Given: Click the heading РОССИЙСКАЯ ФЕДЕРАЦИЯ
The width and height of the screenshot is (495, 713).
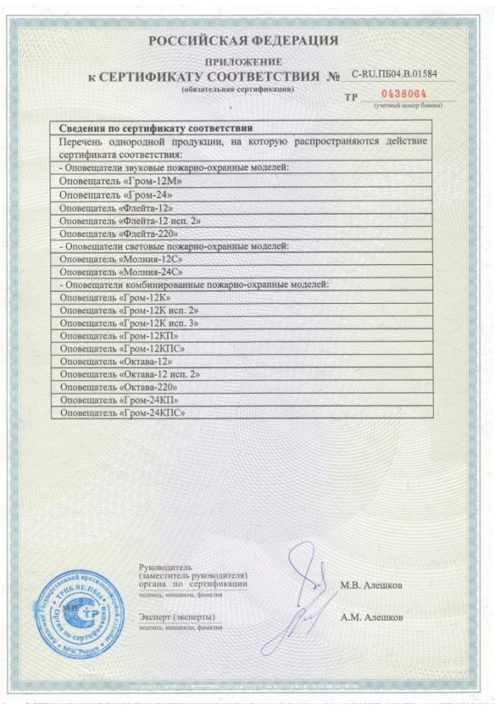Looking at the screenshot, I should click(x=243, y=40).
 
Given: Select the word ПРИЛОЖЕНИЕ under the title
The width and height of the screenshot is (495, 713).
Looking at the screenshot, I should click(x=245, y=62).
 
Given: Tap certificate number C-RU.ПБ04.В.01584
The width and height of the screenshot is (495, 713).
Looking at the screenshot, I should click(x=394, y=74).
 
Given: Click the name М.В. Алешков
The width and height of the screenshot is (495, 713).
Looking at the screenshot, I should click(x=371, y=585).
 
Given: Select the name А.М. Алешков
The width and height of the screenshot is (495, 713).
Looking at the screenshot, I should click(x=371, y=617).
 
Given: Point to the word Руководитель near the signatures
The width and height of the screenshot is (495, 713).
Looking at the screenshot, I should click(x=166, y=568).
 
